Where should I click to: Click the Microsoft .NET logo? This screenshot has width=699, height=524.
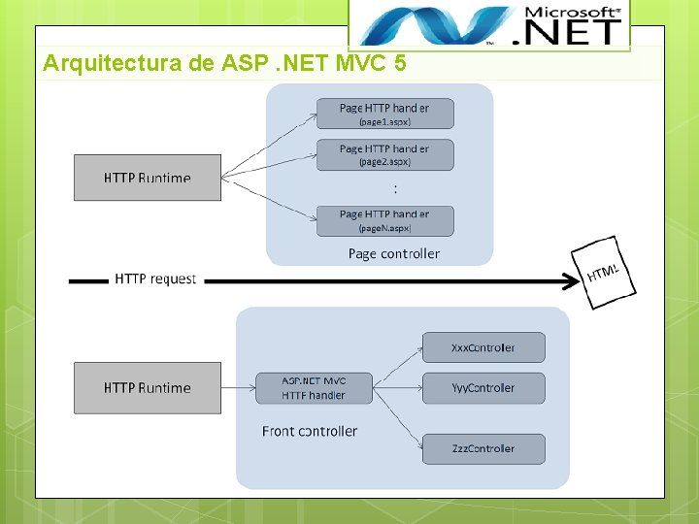488,24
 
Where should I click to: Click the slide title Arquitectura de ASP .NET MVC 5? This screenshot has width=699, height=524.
224,64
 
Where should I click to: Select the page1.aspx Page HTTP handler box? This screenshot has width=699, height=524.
384,114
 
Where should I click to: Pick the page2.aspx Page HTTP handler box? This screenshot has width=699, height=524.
384,155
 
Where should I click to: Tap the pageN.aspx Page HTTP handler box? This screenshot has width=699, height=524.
384,220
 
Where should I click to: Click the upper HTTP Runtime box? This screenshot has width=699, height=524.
148,178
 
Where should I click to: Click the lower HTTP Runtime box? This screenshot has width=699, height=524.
148,387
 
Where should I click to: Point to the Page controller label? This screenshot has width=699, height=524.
393,253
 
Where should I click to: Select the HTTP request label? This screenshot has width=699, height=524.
155,278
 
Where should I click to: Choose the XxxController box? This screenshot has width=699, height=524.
483,347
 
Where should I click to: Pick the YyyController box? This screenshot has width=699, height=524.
483,388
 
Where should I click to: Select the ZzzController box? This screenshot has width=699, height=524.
483,448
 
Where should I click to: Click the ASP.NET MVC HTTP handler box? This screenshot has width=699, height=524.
314,388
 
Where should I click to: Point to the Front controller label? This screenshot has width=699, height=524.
310,431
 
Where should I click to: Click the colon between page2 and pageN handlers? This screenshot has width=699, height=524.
394,189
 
